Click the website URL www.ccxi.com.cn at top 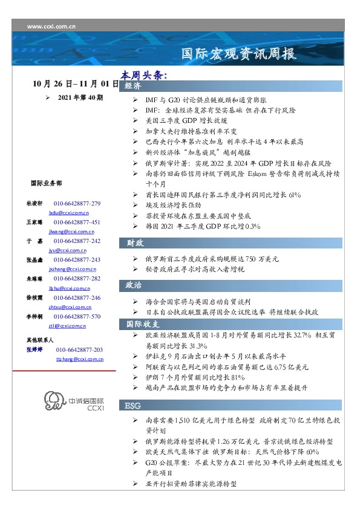click(x=51, y=27)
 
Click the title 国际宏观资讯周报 click(x=240, y=54)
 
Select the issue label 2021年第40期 click(x=80, y=97)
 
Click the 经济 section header click(x=134, y=88)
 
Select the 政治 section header click(x=134, y=285)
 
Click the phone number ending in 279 click(x=77, y=204)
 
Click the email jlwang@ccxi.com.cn click(x=69, y=231)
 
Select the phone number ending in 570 click(x=77, y=316)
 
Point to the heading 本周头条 click(x=143, y=76)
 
